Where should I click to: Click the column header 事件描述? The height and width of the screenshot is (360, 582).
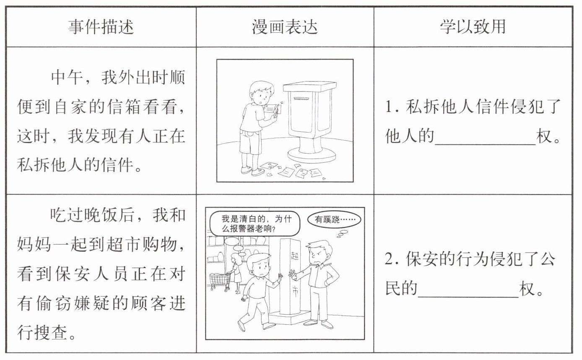101,27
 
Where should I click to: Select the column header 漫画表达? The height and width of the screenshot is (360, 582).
285,27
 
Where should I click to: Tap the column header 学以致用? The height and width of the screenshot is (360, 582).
473,27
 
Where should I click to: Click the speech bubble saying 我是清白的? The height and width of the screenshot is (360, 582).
255,224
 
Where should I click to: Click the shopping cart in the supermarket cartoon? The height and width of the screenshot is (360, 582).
220,281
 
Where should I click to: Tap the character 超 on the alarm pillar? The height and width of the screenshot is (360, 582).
295,256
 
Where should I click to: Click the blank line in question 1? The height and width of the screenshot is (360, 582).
485,144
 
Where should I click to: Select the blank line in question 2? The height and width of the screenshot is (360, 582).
468,297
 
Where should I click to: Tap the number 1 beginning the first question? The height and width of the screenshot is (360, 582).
389,107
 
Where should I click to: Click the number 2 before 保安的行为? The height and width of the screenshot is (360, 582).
389,259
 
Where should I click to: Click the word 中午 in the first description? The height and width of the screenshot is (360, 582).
67,78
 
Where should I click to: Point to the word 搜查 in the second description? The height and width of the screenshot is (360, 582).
51,333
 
